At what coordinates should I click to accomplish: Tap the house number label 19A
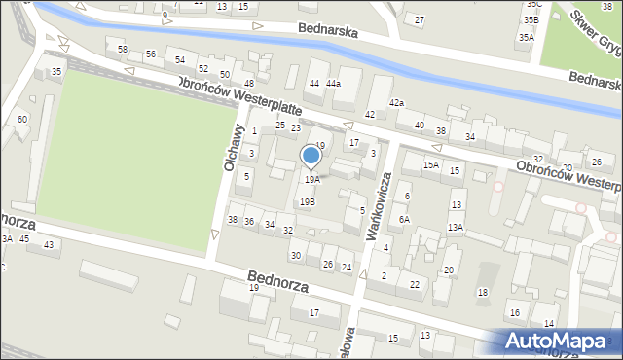[311, 180]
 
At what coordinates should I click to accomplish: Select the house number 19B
[307, 202]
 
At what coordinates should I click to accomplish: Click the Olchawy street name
[233, 151]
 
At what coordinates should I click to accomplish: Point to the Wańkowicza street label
[379, 207]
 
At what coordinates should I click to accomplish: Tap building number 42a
[396, 102]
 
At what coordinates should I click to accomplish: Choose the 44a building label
[333, 84]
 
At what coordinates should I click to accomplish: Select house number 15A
[430, 165]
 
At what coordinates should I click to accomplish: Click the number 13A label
[455, 227]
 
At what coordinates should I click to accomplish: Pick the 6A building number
[404, 220]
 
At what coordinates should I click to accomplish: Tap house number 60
[21, 120]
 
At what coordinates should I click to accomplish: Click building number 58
[122, 50]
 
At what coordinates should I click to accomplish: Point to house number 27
[419, 20]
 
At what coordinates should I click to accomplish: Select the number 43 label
[47, 245]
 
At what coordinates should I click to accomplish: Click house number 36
[249, 222]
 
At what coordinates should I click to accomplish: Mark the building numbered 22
[414, 284]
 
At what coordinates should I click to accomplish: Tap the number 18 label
[481, 293]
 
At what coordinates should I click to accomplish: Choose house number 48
[248, 83]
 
